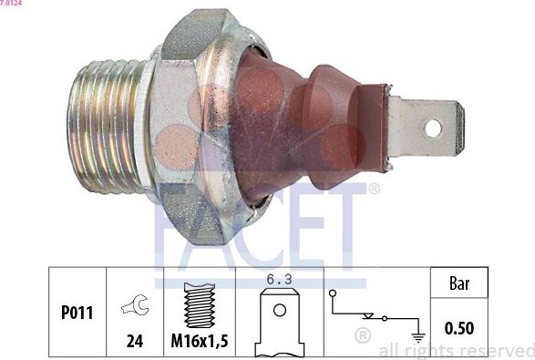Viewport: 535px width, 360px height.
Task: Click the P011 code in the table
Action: click(77, 313)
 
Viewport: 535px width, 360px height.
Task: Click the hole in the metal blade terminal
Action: click(431, 128)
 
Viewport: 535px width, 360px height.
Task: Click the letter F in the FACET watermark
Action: click(174, 224)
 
